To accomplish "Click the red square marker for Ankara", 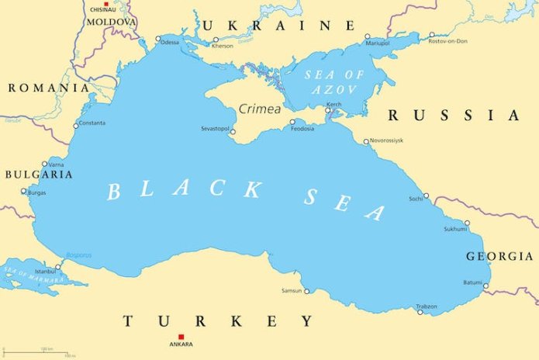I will coord(181,336).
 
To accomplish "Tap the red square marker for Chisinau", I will coord(106,4).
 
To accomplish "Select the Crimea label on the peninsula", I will coord(259,109).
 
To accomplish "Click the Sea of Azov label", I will coord(311,80).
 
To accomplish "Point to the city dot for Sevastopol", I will coord(233,132).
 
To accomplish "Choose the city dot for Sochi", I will coord(426,196).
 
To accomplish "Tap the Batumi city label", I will coord(472,282).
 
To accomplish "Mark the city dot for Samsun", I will coord(306,292).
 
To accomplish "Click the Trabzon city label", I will coord(427,306).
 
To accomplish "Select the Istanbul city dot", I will coord(57,266).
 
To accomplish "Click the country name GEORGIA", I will coord(500,256).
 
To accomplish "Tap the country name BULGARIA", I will coord(38,175).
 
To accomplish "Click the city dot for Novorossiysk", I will coord(366,141).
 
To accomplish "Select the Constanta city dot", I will coord(76,126).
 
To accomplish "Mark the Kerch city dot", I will coord(328,111).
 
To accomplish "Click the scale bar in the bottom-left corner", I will coord(47,351).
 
